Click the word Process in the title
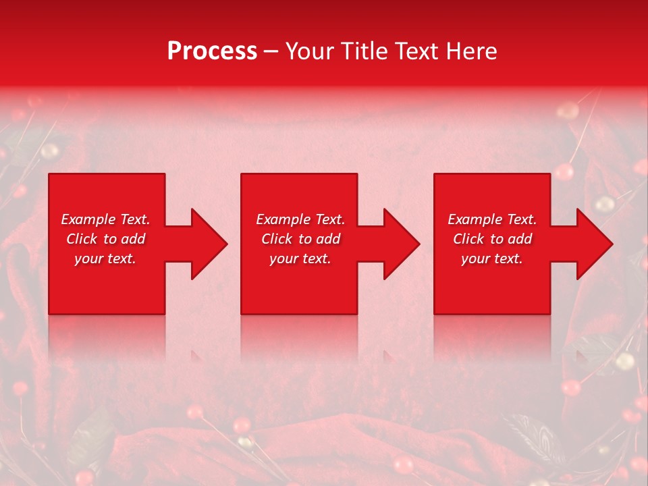(212, 51)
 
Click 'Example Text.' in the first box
(105, 219)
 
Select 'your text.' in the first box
(105, 259)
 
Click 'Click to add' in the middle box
(300, 239)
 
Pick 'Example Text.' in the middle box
(300, 219)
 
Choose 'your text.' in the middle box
(300, 259)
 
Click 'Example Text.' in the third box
(492, 219)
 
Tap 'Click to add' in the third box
(492, 239)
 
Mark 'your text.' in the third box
(492, 259)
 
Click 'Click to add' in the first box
(105, 239)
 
